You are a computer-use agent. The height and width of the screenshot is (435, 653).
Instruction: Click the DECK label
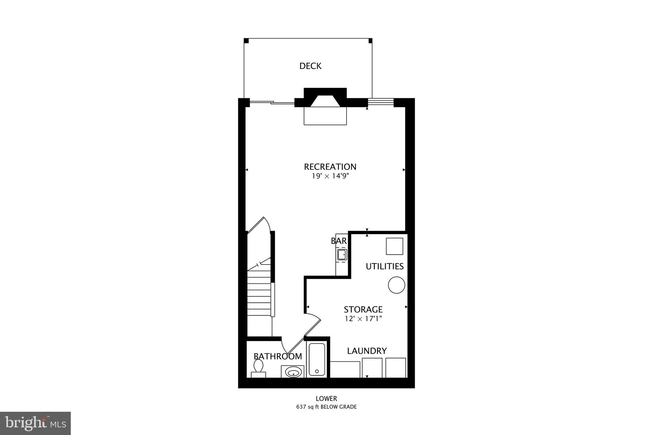310,66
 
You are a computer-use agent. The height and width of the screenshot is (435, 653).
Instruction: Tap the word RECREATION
330,167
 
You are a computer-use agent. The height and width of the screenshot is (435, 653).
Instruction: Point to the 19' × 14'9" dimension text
330,176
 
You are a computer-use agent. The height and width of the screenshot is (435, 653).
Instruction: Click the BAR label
339,241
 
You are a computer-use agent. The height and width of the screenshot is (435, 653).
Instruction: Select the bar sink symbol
342,255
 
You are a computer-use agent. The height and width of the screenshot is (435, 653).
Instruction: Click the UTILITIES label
385,266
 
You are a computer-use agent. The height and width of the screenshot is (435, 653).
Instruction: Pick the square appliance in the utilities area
394,246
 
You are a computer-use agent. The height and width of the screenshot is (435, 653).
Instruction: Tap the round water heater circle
396,285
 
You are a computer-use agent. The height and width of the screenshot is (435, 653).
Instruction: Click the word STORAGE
363,309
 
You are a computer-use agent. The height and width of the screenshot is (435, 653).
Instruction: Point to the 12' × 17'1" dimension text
363,318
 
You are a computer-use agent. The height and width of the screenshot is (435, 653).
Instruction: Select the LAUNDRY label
367,351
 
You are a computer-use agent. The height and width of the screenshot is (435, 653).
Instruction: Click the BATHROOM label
278,356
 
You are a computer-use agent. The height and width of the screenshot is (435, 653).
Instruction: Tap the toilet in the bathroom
258,368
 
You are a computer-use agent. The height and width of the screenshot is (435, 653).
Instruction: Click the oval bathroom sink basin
293,372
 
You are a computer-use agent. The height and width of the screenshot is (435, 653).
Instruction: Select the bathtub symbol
317,359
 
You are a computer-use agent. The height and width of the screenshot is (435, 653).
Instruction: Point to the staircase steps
259,293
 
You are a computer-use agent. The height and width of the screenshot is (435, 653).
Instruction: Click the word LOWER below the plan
326,398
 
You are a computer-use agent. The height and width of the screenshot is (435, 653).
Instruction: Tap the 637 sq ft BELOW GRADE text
326,407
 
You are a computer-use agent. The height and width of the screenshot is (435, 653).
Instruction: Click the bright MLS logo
35,423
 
